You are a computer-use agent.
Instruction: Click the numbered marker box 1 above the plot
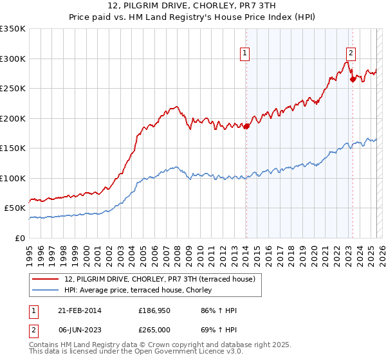click(x=246, y=53)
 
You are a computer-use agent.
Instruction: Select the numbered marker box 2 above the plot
click(x=351, y=53)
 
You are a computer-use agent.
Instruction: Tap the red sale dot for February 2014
click(x=246, y=126)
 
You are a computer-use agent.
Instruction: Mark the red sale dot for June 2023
click(x=353, y=80)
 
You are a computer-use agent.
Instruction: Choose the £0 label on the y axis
click(x=19, y=238)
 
